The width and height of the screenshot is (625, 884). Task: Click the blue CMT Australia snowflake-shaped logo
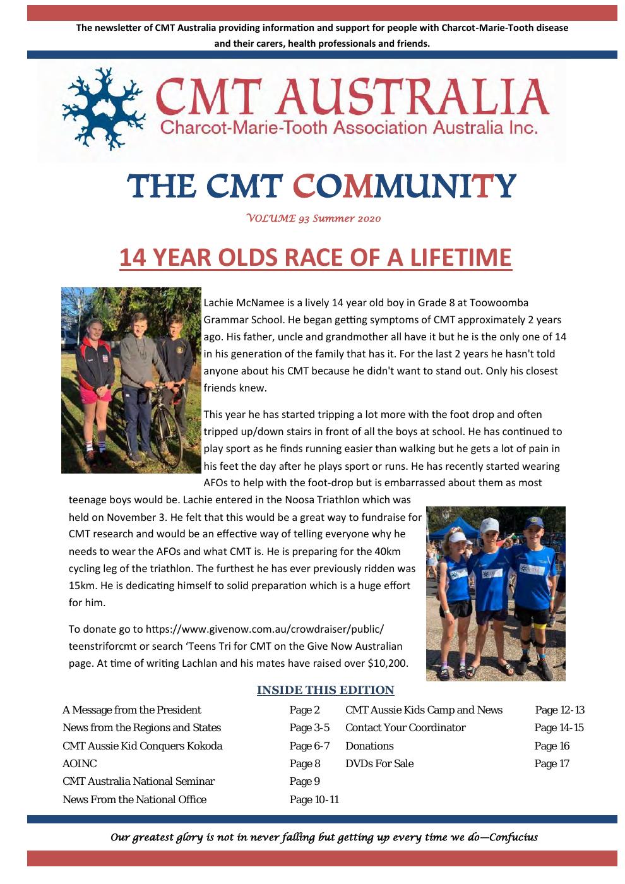pyautogui.click(x=104, y=109)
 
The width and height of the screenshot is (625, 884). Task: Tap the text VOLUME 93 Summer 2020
pyautogui.click(x=314, y=218)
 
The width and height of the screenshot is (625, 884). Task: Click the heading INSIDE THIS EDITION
pyautogui.click(x=325, y=690)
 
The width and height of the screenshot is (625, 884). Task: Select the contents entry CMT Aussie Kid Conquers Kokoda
pyautogui.click(x=142, y=746)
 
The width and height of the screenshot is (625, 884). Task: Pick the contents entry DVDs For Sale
pyautogui.click(x=379, y=763)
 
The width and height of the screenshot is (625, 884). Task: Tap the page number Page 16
pyautogui.click(x=552, y=746)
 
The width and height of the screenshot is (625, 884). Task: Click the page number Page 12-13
pyautogui.click(x=559, y=710)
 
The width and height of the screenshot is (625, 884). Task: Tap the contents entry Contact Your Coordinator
pyautogui.click(x=405, y=727)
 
